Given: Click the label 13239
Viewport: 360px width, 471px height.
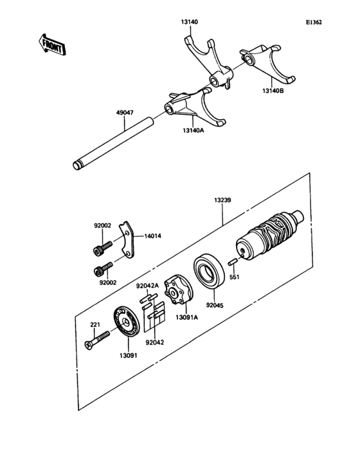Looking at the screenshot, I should (x=223, y=201).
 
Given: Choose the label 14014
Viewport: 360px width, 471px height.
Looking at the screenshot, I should (x=152, y=236).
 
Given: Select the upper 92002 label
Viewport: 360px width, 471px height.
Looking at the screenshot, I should (x=103, y=225).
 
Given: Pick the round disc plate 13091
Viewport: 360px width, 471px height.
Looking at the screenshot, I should (x=126, y=322).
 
